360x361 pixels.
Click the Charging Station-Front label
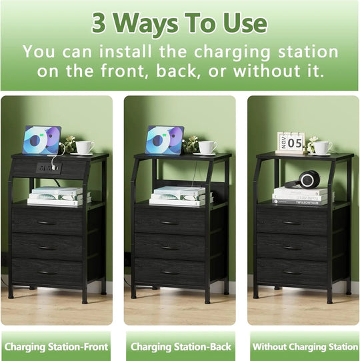pyautogui.click(x=56, y=346)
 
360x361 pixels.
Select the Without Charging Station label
pyautogui.click(x=303, y=346)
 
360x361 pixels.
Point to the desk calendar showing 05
pyautogui.click(x=291, y=141)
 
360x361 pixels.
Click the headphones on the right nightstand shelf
pyautogui.click(x=308, y=179)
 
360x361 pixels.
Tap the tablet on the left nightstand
pyautogui.click(x=41, y=140)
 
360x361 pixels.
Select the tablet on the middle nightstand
pyautogui.click(x=165, y=140)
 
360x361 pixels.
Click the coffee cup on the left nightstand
pyautogui.click(x=84, y=147)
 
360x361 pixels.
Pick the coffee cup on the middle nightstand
pyautogui.click(x=207, y=147)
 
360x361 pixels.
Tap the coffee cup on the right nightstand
pyautogui.click(x=323, y=147)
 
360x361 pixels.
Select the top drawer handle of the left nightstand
pyautogui.click(x=46, y=222)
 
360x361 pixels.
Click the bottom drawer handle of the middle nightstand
pyautogui.click(x=169, y=272)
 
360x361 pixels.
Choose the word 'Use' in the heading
pyautogui.click(x=241, y=23)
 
